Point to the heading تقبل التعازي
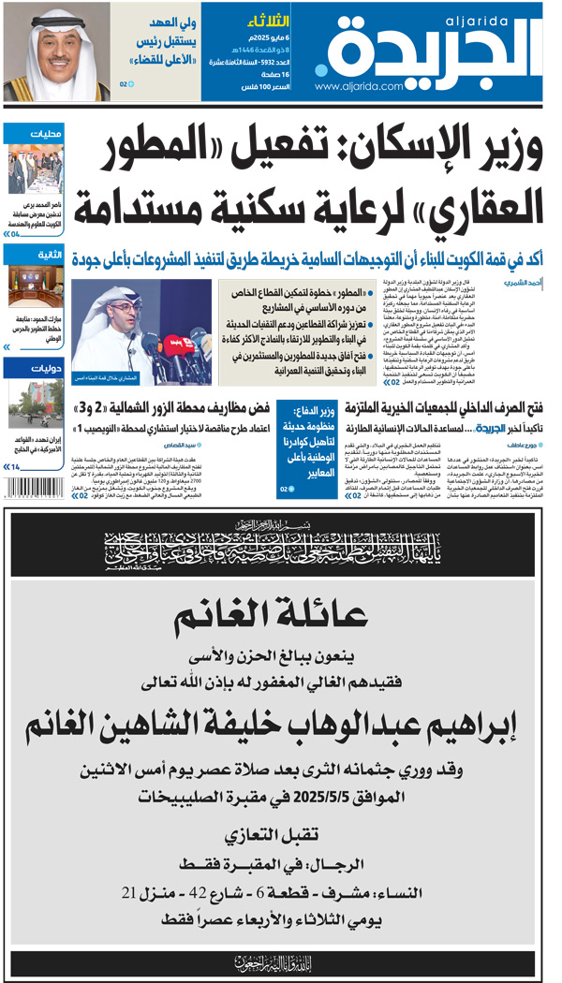281,833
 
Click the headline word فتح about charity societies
533,408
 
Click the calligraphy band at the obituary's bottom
281,961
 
